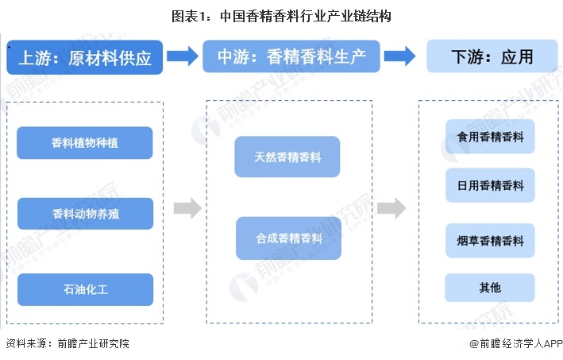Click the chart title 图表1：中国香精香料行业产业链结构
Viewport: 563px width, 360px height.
click(281, 15)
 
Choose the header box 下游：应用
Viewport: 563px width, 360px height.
click(491, 57)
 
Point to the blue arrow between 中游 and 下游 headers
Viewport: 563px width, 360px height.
click(399, 56)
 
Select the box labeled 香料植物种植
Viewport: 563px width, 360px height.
click(85, 143)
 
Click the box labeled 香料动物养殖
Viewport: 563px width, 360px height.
click(85, 213)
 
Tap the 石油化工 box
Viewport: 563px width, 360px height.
click(85, 289)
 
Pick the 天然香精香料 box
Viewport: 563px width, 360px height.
click(288, 157)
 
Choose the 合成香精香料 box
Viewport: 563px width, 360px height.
click(288, 238)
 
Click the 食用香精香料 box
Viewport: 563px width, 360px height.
click(490, 137)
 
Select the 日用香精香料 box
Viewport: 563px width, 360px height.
click(490, 185)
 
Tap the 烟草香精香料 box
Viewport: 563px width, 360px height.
click(490, 239)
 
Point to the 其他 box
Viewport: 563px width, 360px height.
click(490, 287)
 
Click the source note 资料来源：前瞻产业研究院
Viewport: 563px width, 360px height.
click(67, 344)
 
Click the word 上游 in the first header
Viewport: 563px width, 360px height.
click(36, 57)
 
